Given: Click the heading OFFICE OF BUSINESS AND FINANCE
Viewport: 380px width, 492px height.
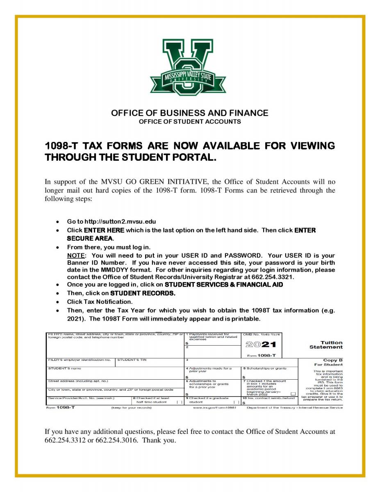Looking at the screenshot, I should click(x=190, y=113).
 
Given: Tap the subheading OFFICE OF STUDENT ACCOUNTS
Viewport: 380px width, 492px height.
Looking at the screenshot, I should click(x=190, y=122).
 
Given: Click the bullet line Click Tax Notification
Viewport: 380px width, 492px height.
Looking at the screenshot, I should click(x=100, y=302).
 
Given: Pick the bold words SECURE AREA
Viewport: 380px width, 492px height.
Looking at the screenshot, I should click(x=90, y=238).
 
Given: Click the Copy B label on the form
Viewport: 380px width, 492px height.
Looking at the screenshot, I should click(x=334, y=360).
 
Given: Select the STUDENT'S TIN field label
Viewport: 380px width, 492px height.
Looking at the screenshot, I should click(x=132, y=360).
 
